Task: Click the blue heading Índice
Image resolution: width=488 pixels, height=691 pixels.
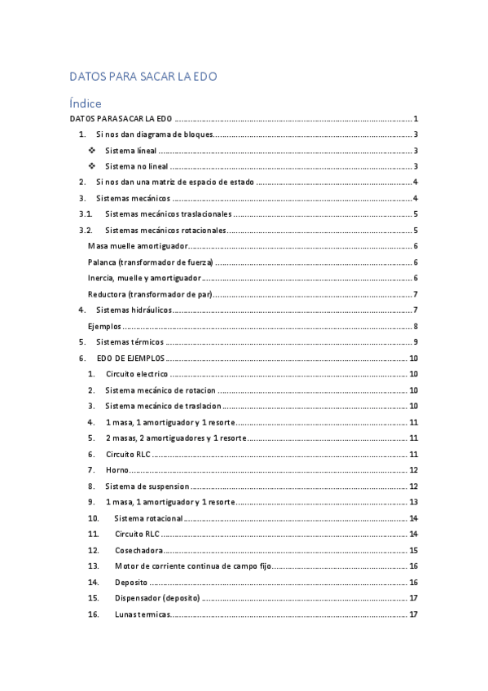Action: click(86, 103)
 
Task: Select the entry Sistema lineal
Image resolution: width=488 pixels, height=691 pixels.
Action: click(131, 151)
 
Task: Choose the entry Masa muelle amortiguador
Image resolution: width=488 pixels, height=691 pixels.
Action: click(138, 246)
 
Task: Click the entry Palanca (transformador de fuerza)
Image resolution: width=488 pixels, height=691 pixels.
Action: click(150, 262)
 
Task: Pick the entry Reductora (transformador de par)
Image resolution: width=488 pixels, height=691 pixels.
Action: click(150, 294)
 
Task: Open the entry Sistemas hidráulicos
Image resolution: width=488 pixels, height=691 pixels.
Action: click(134, 310)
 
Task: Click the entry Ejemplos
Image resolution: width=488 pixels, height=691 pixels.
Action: click(104, 326)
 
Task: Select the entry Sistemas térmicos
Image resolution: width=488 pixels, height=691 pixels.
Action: click(130, 341)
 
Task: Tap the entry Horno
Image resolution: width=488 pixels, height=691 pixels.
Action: click(117, 470)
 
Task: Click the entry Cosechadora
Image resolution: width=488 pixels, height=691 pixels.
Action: click(138, 550)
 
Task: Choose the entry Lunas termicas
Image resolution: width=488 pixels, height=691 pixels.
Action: click(142, 614)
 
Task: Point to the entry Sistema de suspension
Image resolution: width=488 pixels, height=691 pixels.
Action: click(147, 486)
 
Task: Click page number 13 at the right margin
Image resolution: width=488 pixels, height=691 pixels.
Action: click(414, 502)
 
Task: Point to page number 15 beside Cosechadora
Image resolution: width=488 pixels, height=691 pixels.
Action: click(414, 550)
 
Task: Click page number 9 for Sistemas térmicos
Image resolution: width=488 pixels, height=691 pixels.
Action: click(415, 341)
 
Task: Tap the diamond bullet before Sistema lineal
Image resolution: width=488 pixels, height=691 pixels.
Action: click(90, 151)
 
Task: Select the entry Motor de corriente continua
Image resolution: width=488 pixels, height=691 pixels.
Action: click(192, 566)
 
